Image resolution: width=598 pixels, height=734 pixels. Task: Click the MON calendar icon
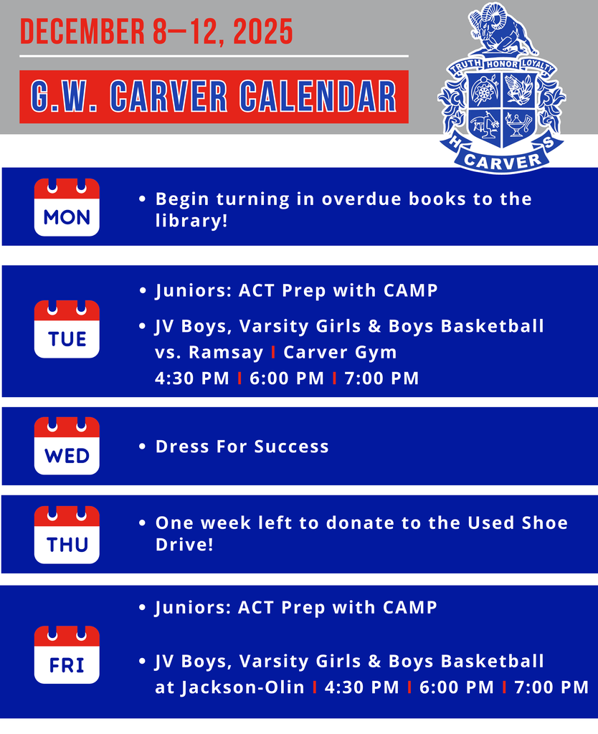(x=67, y=207)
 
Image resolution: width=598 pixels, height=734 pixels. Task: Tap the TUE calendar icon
(x=67, y=329)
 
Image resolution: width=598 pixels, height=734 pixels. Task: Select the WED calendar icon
(x=67, y=446)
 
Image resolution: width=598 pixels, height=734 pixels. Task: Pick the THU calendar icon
(x=67, y=535)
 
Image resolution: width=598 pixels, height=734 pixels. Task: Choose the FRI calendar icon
(x=67, y=654)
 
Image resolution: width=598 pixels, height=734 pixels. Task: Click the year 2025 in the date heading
(x=262, y=32)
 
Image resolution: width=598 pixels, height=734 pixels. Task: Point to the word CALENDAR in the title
(x=318, y=97)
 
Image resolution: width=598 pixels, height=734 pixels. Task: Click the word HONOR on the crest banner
(x=501, y=64)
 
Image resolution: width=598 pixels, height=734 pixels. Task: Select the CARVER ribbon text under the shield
(x=502, y=161)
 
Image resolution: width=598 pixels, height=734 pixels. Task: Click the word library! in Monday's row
(x=191, y=221)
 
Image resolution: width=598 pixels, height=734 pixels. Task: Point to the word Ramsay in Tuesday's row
(x=226, y=352)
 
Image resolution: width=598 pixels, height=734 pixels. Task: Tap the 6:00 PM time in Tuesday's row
(x=287, y=378)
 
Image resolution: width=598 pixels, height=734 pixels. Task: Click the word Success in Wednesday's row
(x=291, y=447)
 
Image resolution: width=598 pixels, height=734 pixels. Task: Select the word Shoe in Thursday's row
(x=545, y=523)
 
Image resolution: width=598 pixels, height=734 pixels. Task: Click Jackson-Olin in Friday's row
(x=242, y=687)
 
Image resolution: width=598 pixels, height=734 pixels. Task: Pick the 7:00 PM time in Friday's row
(x=551, y=687)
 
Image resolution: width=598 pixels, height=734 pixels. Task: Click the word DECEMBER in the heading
(x=82, y=32)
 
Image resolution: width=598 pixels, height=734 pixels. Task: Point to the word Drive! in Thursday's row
(x=184, y=545)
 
